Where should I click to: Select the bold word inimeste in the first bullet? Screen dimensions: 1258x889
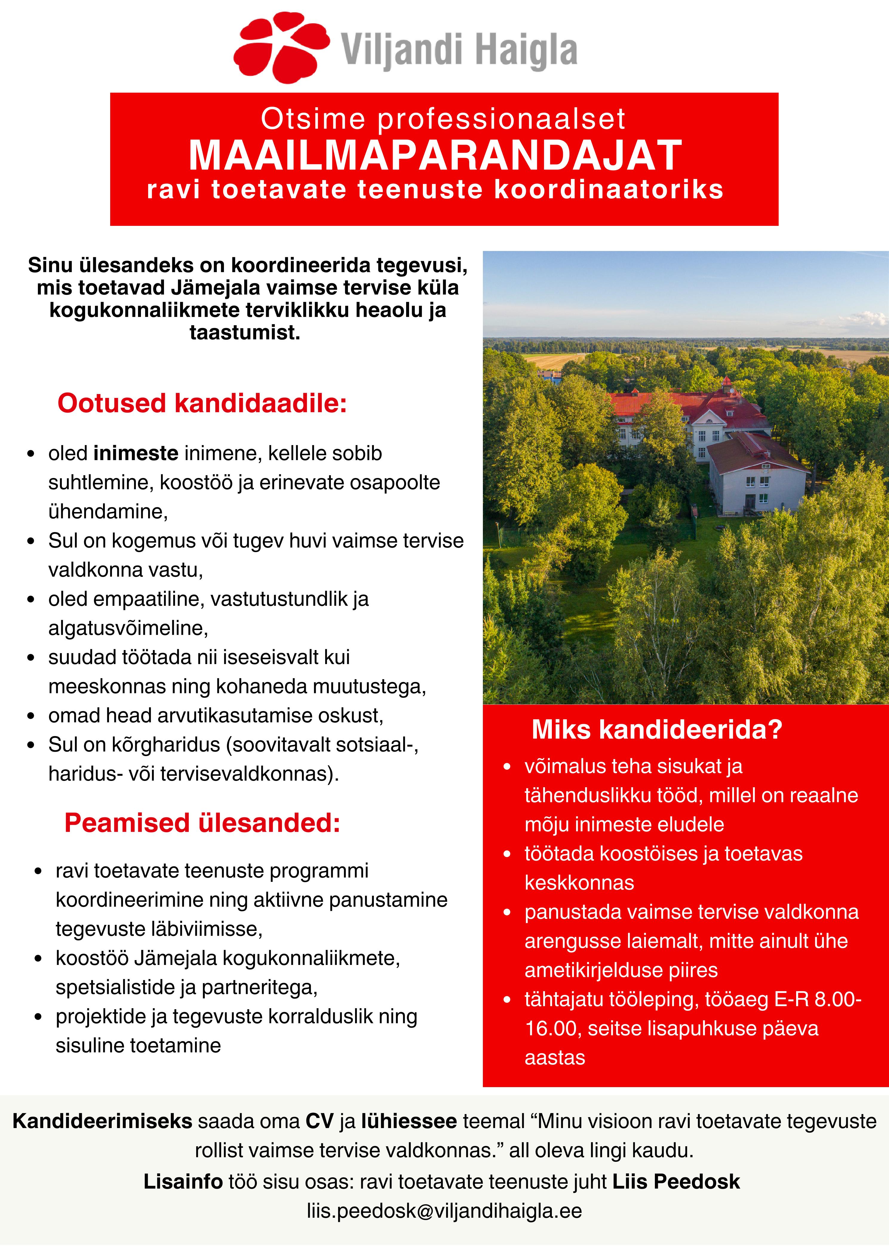(x=136, y=454)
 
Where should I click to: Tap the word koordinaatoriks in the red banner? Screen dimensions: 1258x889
(x=609, y=190)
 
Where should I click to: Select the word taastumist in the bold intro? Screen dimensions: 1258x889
(x=245, y=332)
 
